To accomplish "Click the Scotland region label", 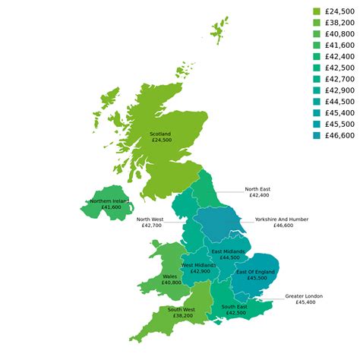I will click(161, 134).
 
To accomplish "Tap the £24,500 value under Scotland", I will click(161, 141).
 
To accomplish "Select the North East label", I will click(257, 189).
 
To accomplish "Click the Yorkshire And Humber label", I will click(282, 219).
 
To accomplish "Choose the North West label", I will click(149, 219).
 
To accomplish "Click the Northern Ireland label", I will click(109, 201).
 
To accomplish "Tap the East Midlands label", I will click(228, 251).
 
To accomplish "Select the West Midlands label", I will click(201, 265).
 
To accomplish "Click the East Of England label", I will click(255, 271).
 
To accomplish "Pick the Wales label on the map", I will click(170, 276).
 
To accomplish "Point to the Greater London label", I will click(304, 295).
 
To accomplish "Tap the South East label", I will click(235, 307).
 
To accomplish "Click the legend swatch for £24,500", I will click(317, 11).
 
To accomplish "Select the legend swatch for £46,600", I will click(317, 135).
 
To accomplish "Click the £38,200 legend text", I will click(339, 23).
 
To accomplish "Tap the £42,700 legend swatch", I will click(317, 79).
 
